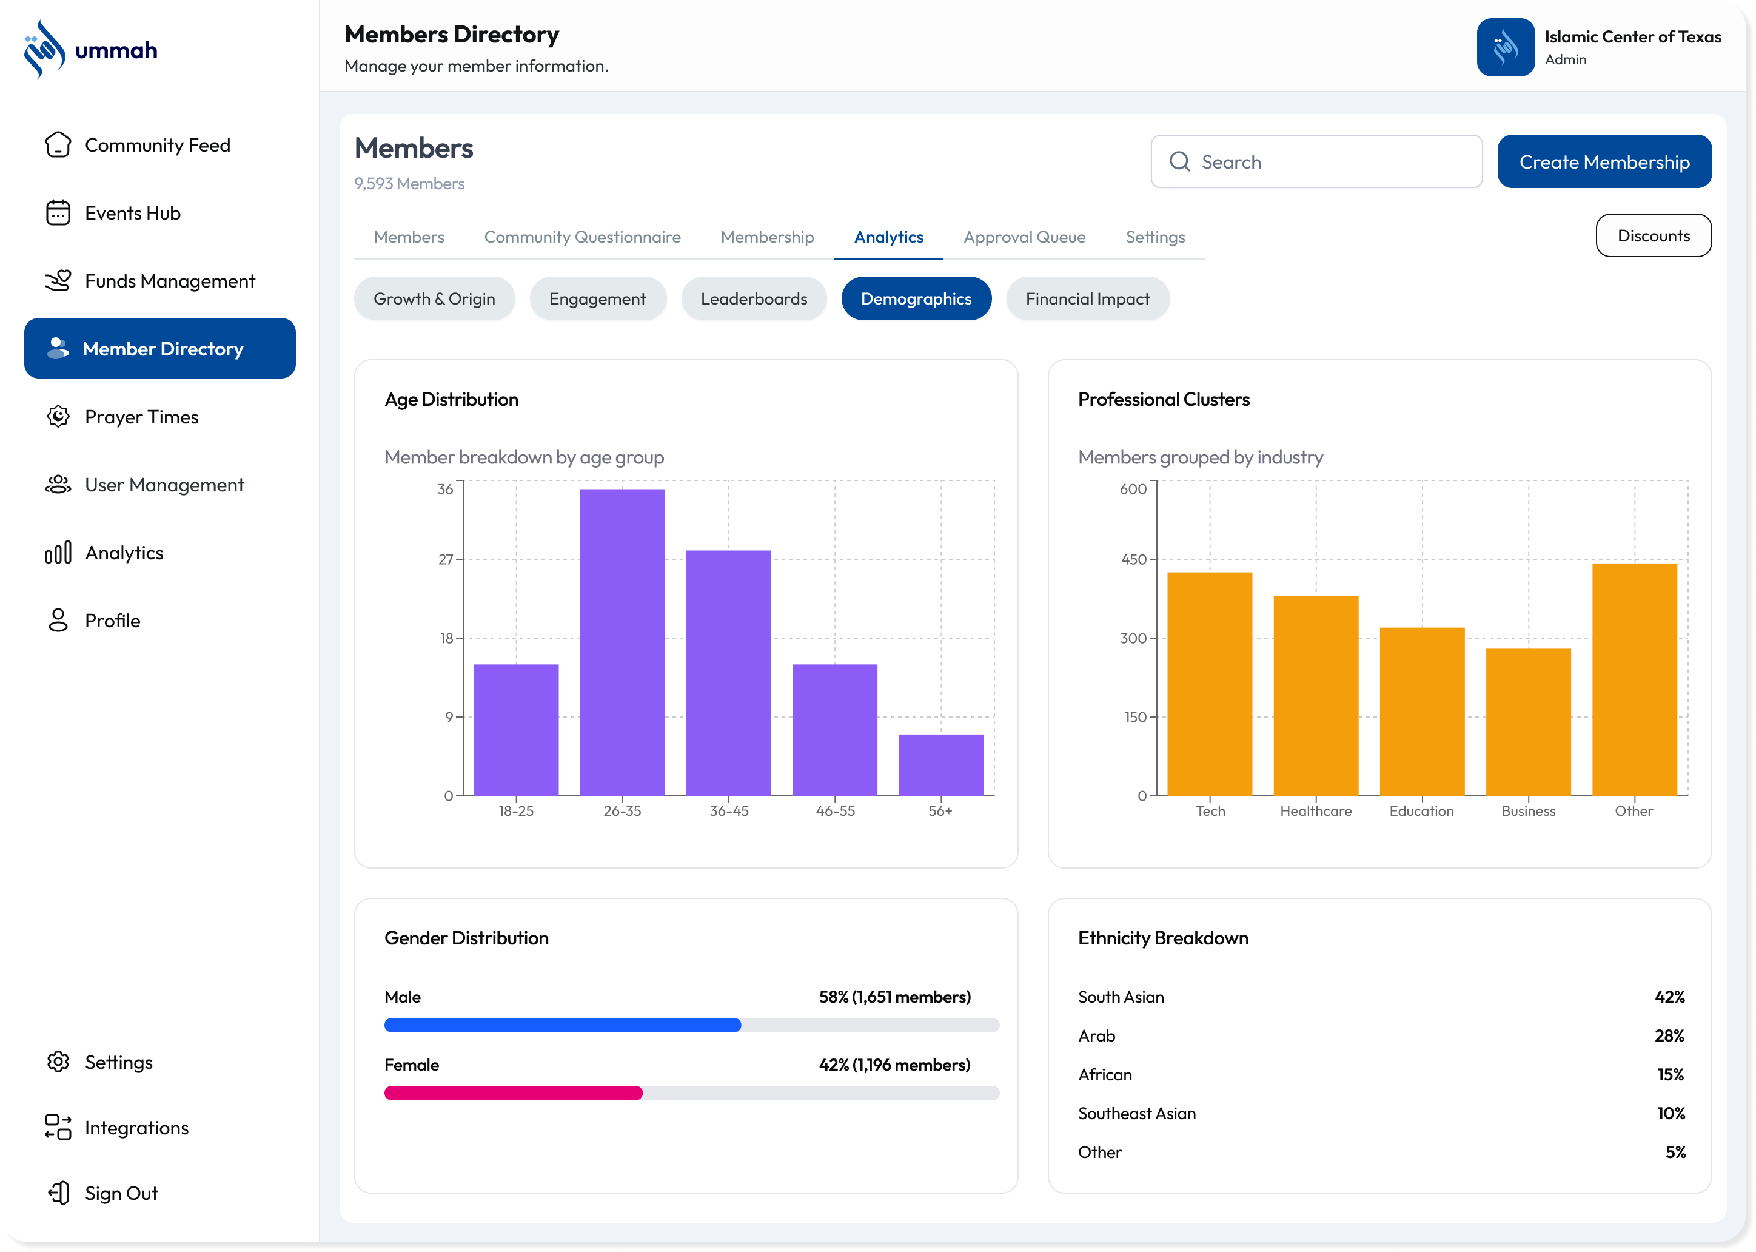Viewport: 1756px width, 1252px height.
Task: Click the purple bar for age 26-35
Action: click(x=622, y=641)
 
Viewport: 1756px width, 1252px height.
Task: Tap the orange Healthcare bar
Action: click(x=1315, y=695)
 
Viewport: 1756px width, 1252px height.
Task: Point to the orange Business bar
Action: click(x=1528, y=722)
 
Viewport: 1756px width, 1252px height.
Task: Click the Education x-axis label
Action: click(x=1422, y=811)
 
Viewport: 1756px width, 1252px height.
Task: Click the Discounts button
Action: click(x=1654, y=236)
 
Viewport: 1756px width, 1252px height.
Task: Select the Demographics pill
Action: click(x=916, y=299)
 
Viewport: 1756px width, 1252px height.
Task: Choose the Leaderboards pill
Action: click(x=754, y=299)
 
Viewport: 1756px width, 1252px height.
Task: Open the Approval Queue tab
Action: click(x=1024, y=237)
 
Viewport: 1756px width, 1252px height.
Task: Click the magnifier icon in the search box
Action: click(x=1179, y=161)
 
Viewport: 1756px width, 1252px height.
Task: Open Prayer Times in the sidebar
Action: click(x=142, y=417)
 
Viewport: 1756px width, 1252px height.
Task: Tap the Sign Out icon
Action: click(x=59, y=1193)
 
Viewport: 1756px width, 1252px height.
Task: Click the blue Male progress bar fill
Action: click(x=563, y=1025)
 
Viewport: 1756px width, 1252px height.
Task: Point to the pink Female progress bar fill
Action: click(x=513, y=1093)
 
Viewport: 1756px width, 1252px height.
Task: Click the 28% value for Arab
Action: click(x=1669, y=1036)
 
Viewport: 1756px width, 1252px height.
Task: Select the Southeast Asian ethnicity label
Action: click(x=1136, y=1114)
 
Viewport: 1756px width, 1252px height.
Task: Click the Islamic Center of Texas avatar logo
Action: click(x=1505, y=48)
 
